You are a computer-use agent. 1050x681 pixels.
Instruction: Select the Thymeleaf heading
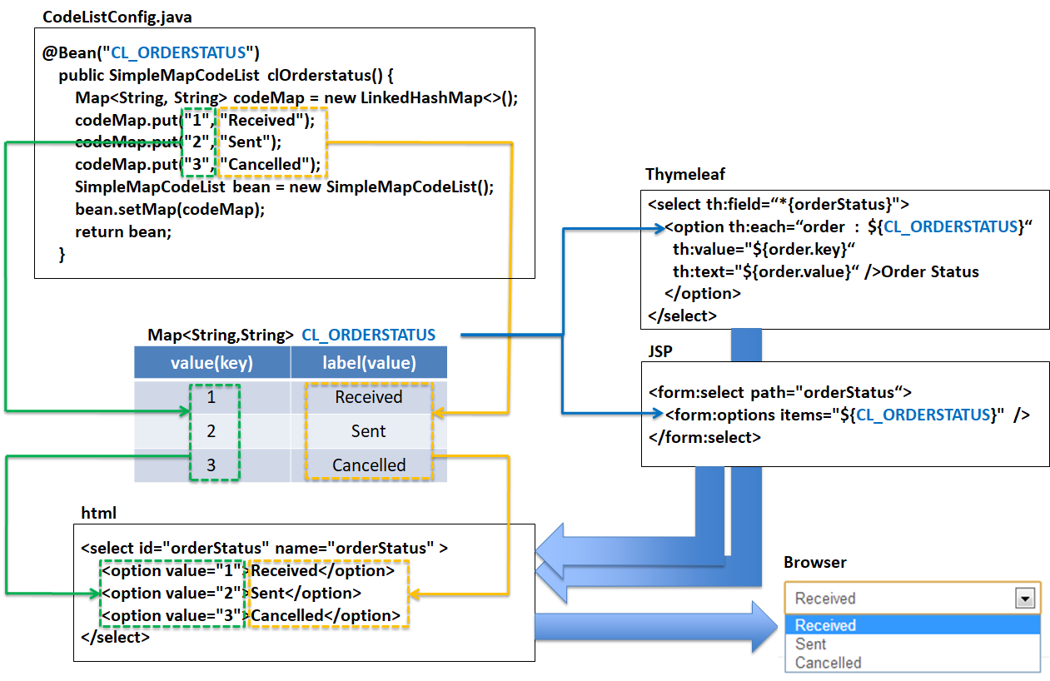pyautogui.click(x=685, y=174)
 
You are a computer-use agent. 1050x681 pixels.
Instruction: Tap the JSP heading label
pyautogui.click(x=660, y=351)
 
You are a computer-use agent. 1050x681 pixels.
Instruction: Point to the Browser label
pyautogui.click(x=814, y=563)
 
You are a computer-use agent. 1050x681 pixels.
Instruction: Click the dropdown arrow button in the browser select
pyautogui.click(x=1025, y=599)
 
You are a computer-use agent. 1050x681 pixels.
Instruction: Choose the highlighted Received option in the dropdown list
pyautogui.click(x=825, y=625)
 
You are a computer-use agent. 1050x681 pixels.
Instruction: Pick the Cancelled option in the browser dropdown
pyautogui.click(x=828, y=663)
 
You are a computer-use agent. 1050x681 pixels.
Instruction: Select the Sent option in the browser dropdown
pyautogui.click(x=810, y=644)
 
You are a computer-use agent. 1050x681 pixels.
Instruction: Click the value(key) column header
pyautogui.click(x=211, y=363)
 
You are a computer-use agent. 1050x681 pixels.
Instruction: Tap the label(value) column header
pyautogui.click(x=369, y=363)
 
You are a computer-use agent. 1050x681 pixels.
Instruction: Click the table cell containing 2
pyautogui.click(x=211, y=431)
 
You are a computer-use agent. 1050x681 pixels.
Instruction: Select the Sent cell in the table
pyautogui.click(x=368, y=431)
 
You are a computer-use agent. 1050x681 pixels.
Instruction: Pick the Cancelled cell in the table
pyautogui.click(x=369, y=465)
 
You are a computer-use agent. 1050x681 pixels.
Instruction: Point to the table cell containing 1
pyautogui.click(x=211, y=397)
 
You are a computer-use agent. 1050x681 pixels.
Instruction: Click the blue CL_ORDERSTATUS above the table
pyautogui.click(x=368, y=335)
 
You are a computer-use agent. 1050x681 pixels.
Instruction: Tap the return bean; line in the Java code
pyautogui.click(x=122, y=231)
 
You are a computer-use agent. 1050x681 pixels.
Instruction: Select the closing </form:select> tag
pyautogui.click(x=704, y=437)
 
